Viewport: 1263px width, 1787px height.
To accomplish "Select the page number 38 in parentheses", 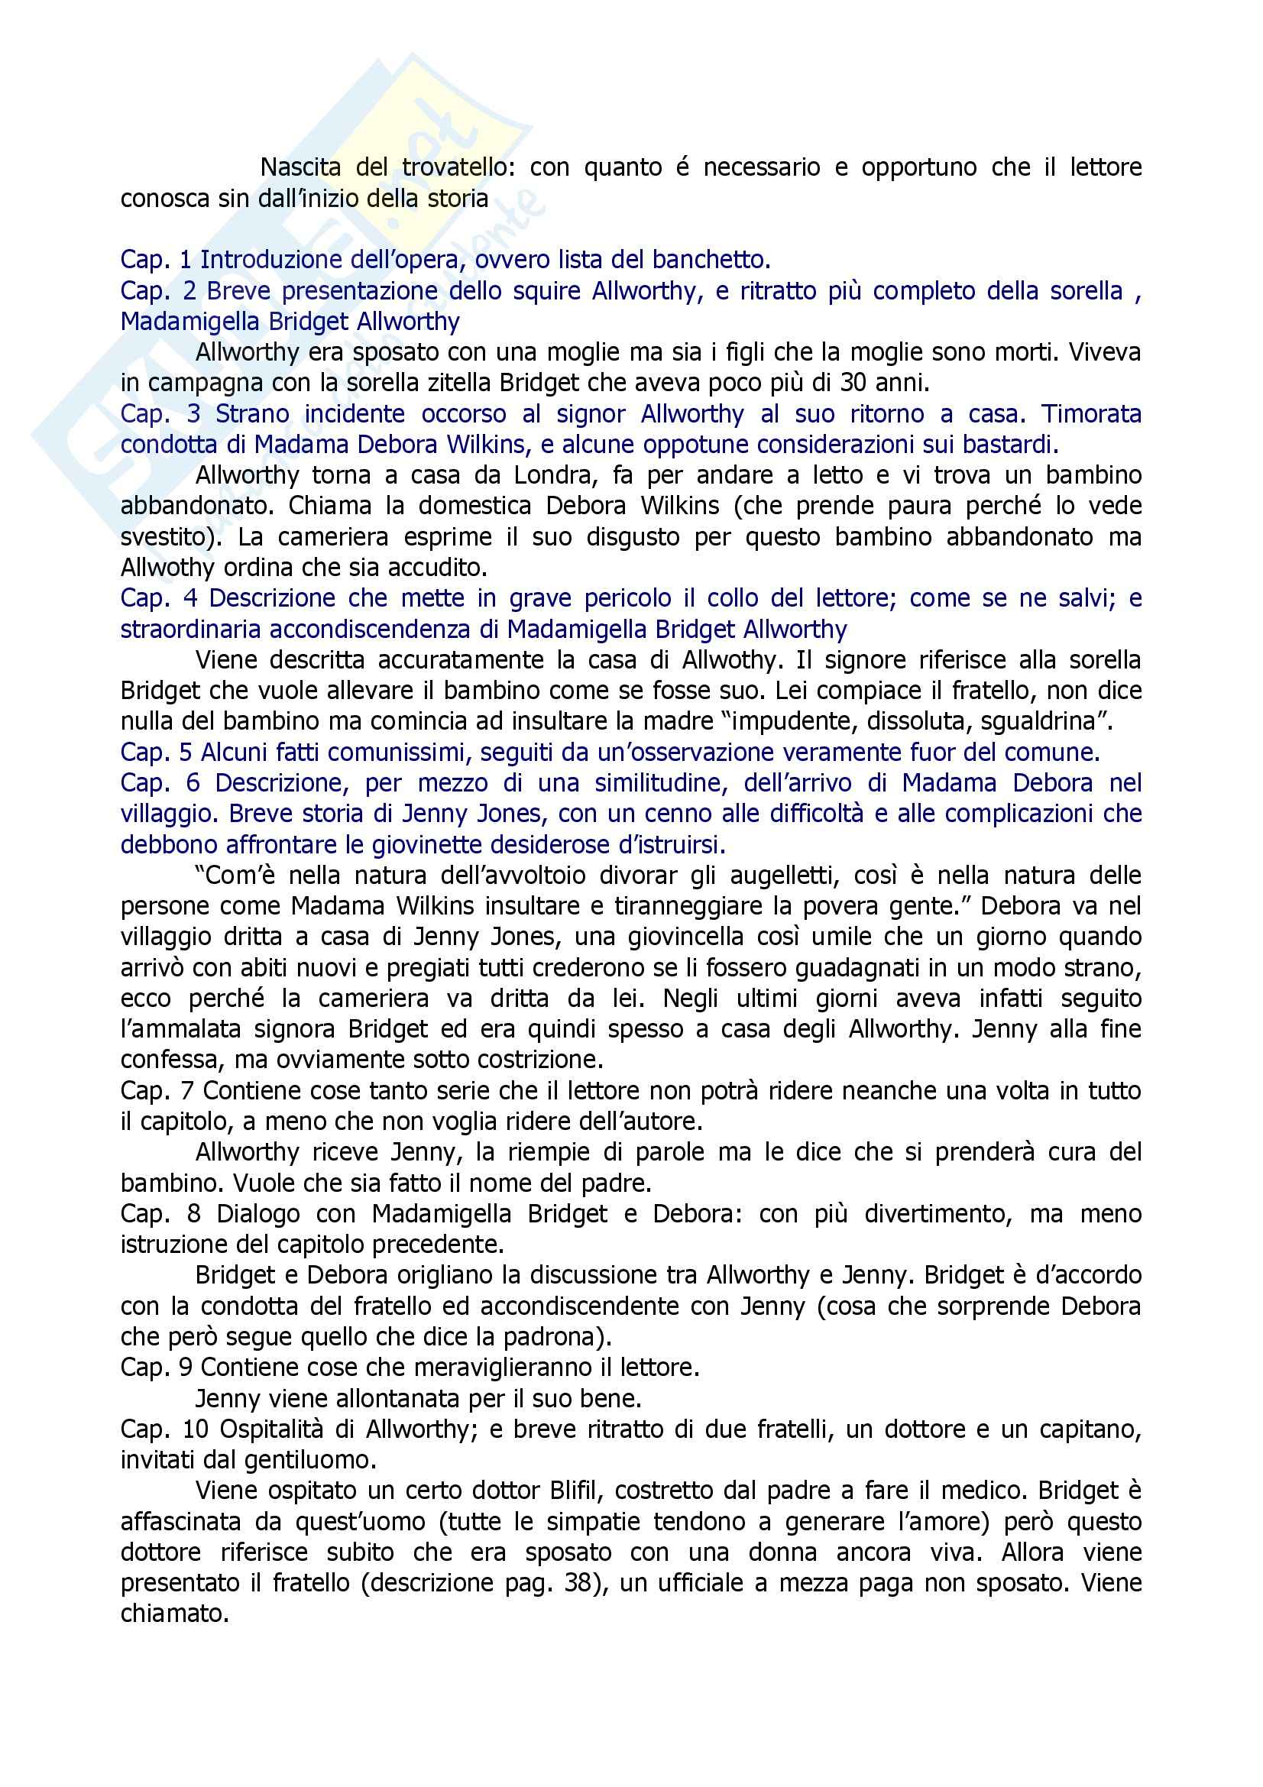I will [578, 1582].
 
